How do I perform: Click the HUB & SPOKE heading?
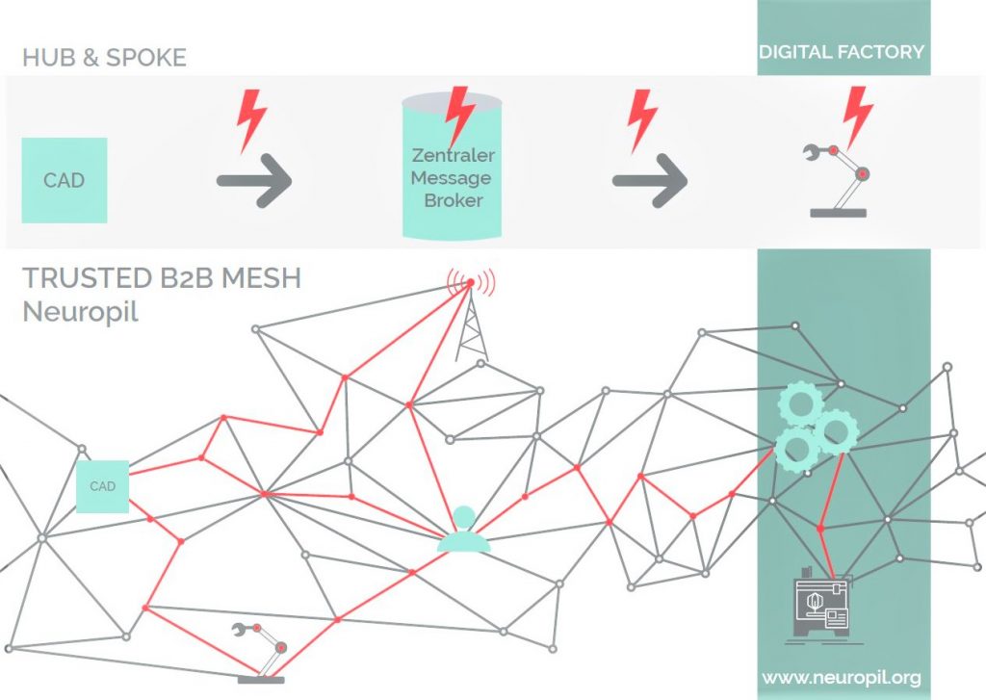104,57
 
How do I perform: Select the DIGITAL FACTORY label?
842,51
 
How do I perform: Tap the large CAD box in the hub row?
64,180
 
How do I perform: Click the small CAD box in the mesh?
102,486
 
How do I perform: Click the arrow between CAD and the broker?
254,180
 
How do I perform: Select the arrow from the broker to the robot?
650,180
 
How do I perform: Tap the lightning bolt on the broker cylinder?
460,116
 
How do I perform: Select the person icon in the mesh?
464,531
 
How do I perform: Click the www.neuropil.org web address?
841,678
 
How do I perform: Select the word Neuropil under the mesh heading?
80,312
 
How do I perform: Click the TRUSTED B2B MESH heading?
162,279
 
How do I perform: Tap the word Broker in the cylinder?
452,201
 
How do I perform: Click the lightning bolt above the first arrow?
252,118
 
